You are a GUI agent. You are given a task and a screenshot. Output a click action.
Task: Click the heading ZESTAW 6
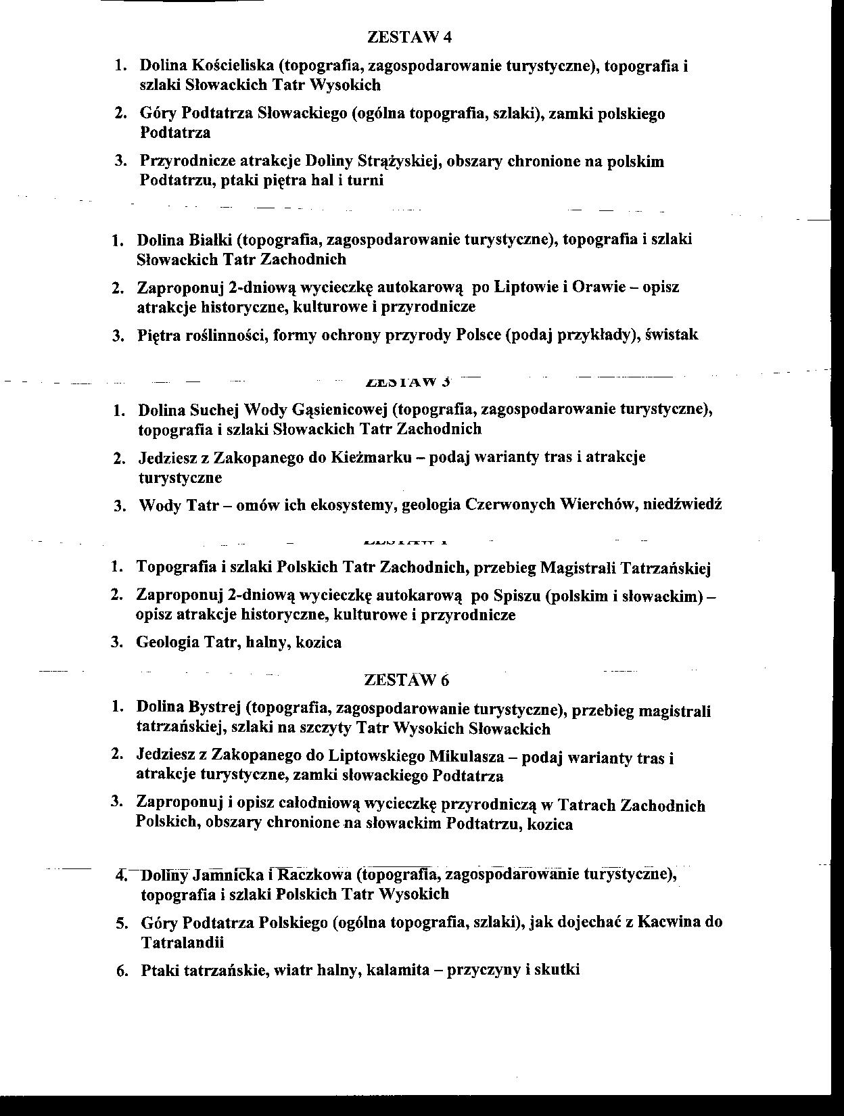click(406, 680)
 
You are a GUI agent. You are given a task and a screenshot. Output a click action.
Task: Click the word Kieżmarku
click(371, 457)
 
